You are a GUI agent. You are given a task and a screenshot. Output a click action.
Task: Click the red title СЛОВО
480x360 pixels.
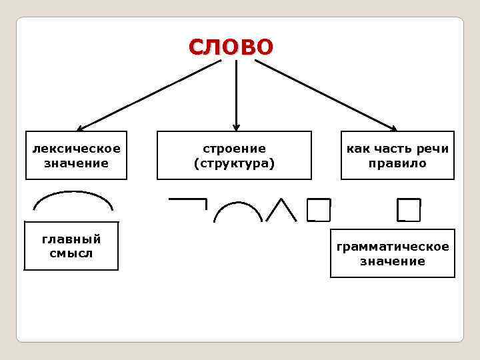coord(231,47)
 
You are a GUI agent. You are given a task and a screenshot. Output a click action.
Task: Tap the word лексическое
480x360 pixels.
coord(76,148)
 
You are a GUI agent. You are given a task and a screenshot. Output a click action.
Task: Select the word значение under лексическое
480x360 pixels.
coord(76,163)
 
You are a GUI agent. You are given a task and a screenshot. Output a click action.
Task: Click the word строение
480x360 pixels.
coord(234,148)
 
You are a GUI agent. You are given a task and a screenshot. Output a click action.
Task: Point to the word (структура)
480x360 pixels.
coord(234,163)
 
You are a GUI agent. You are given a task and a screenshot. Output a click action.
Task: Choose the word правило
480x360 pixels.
coord(397,163)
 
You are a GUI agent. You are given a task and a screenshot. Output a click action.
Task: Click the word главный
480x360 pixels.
coord(71,239)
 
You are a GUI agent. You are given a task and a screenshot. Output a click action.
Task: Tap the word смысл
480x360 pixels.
coord(71,253)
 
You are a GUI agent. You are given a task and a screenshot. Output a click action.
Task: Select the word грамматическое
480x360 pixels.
coord(393,247)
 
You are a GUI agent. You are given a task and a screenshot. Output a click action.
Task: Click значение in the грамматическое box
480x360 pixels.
coord(393,261)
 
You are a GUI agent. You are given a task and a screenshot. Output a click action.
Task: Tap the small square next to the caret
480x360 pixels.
coord(319,210)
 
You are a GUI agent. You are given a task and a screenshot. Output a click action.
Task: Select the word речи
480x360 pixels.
coord(433,148)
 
